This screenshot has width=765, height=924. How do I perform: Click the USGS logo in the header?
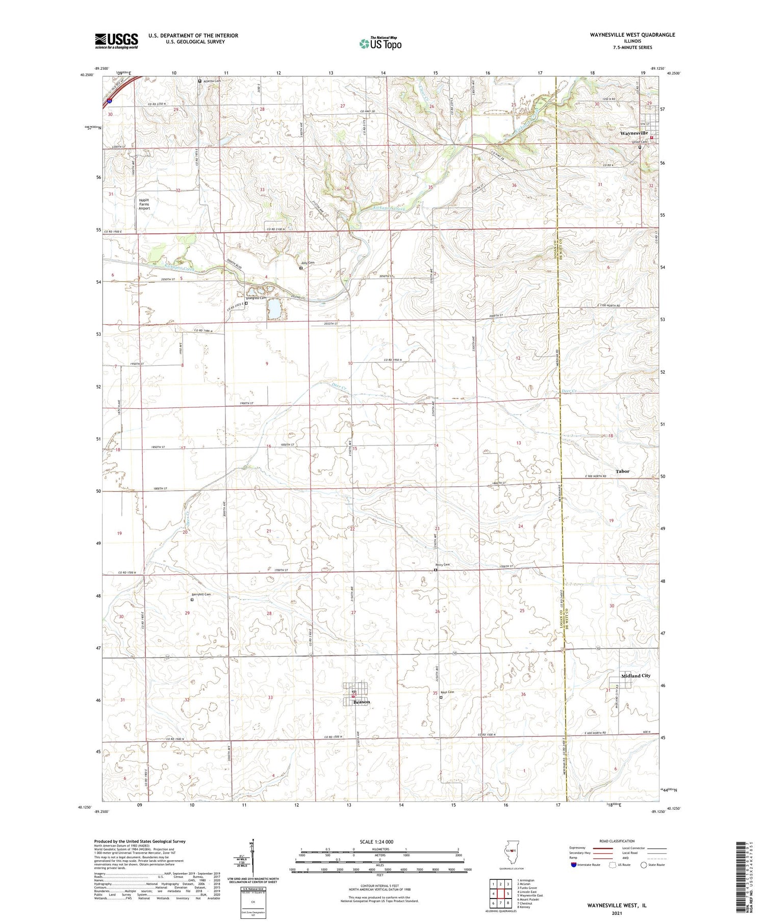[116, 41]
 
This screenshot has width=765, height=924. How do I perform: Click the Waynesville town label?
[633, 133]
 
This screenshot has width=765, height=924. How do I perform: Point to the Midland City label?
[635, 676]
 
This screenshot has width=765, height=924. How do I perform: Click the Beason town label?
[362, 702]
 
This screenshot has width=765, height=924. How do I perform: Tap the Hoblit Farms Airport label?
[145, 204]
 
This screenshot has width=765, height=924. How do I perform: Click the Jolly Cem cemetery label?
[308, 263]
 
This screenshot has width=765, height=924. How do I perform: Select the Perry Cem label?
[442, 565]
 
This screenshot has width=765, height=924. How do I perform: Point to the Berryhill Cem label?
[201, 594]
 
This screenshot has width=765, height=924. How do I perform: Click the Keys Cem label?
[447, 692]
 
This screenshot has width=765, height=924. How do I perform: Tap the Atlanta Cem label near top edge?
[212, 81]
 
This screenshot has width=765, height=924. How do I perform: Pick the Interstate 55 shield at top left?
[110, 101]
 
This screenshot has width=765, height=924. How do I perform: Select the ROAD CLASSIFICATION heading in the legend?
[617, 841]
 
